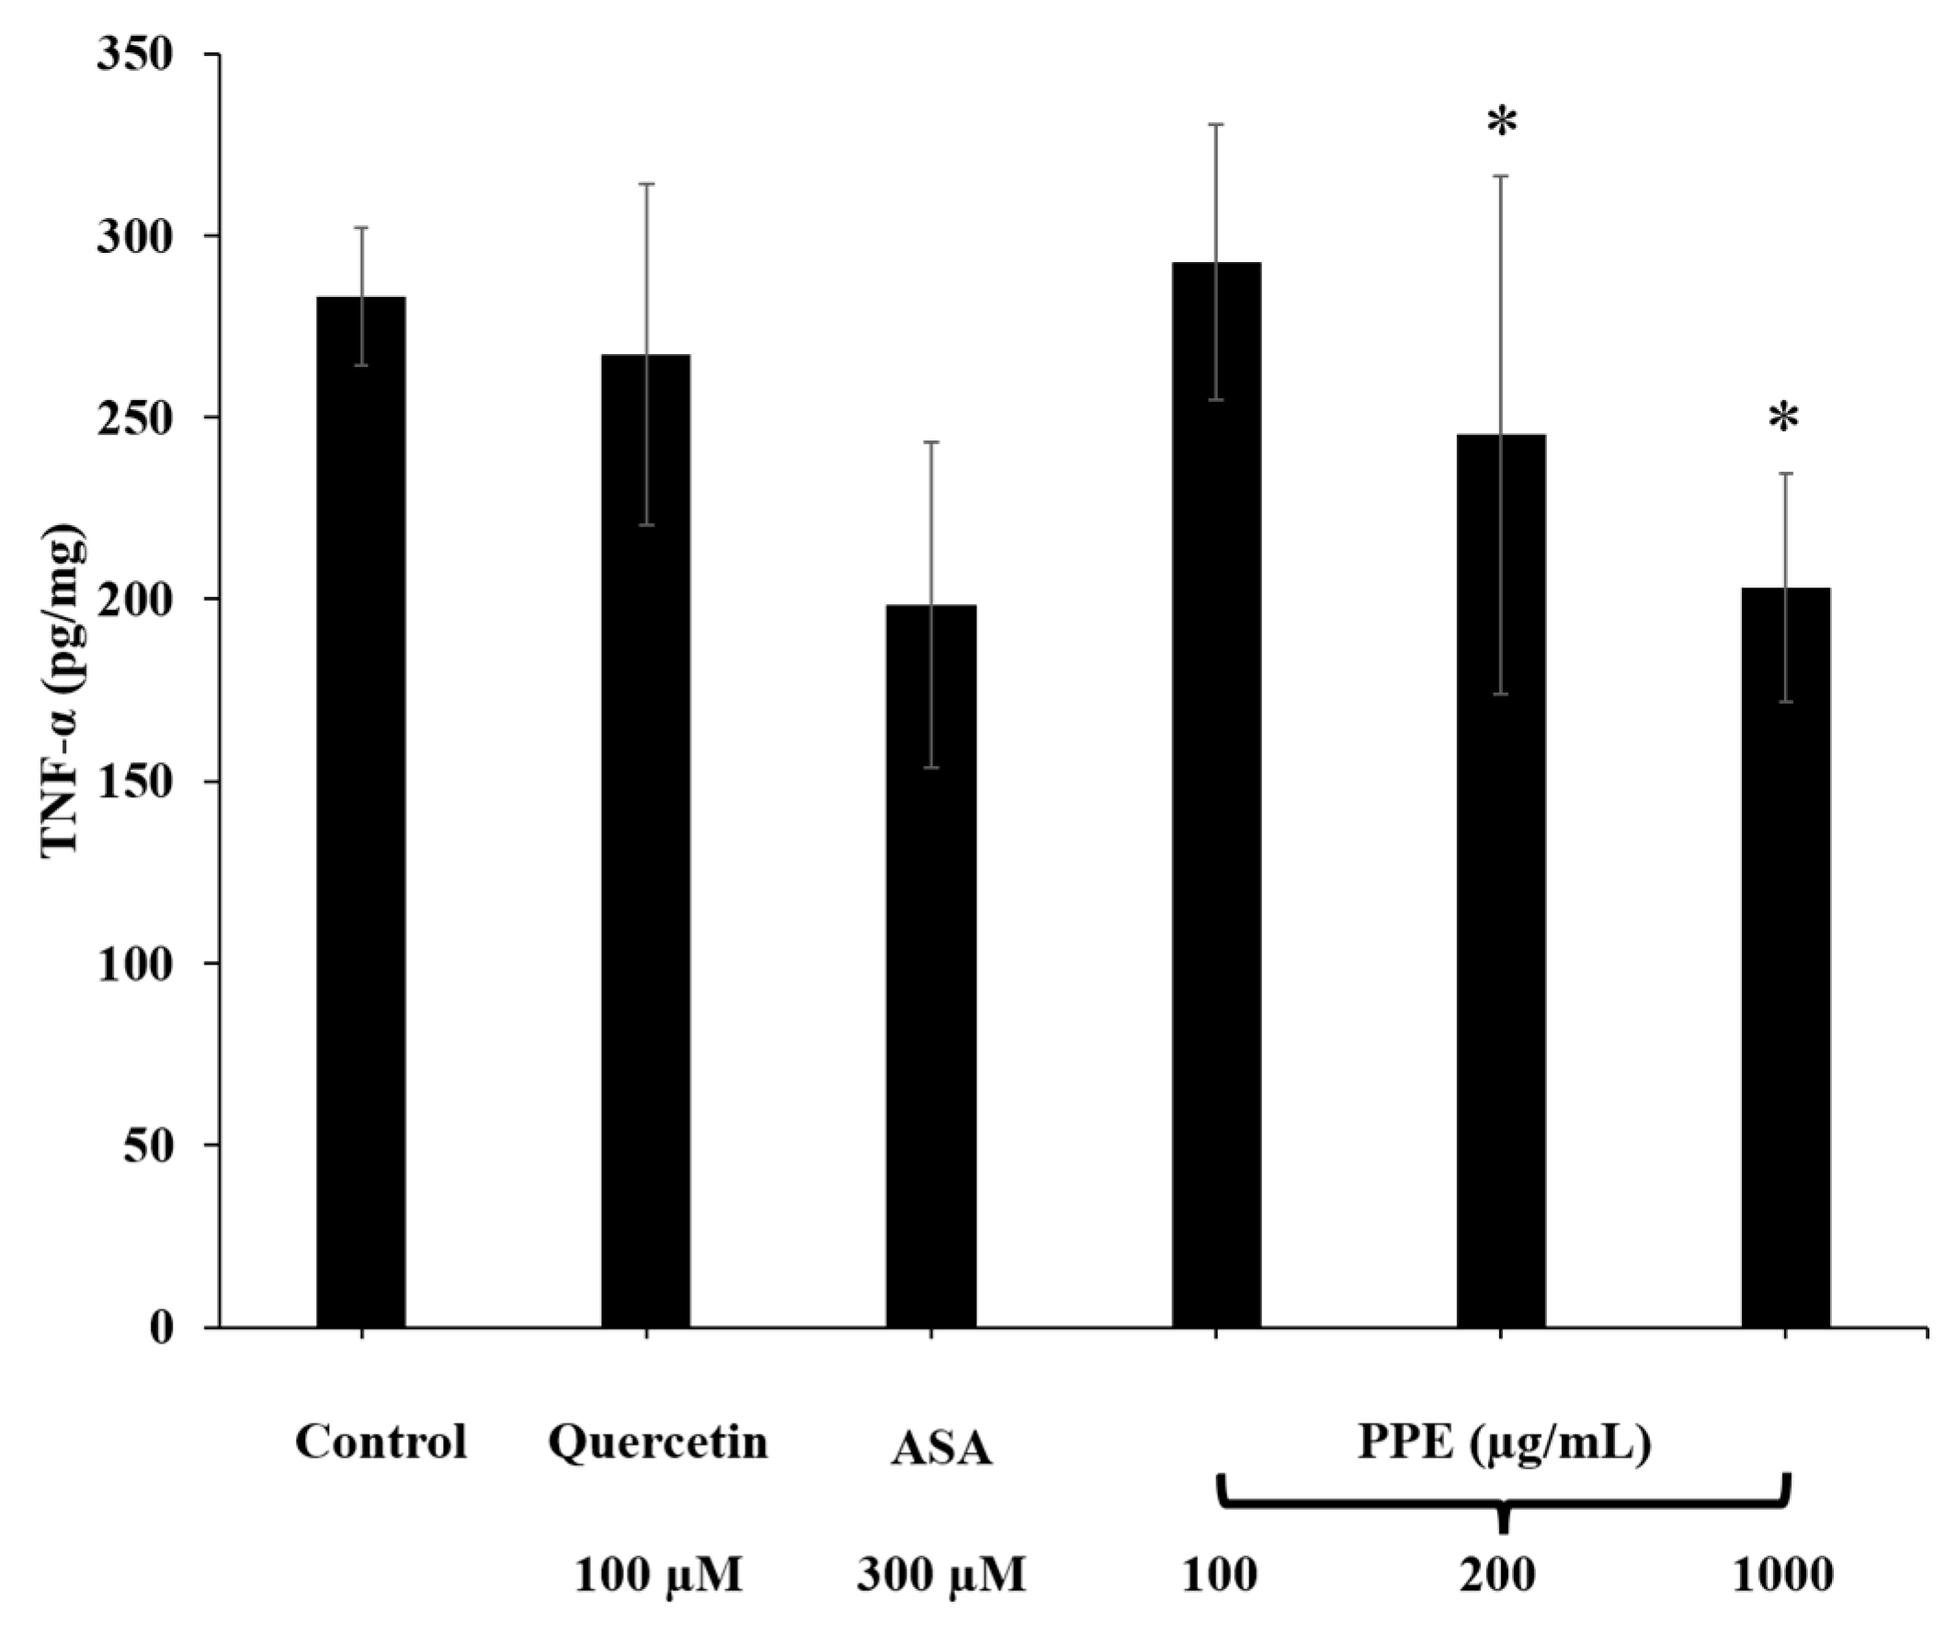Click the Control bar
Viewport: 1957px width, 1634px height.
[x=361, y=811]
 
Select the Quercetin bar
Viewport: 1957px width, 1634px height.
[x=646, y=839]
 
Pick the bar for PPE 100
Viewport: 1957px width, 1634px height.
[x=1216, y=793]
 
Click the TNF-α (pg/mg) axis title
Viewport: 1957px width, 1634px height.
[x=65, y=690]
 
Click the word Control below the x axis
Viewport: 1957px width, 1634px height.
[x=381, y=1442]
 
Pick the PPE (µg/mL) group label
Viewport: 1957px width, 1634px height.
[x=1504, y=1442]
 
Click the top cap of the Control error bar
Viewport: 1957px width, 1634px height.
[x=361, y=227]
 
